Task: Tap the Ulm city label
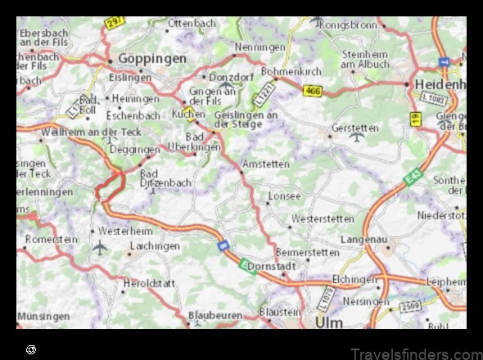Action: click(x=329, y=322)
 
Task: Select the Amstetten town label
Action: click(x=267, y=164)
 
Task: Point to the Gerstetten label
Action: click(x=355, y=128)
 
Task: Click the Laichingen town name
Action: click(x=154, y=245)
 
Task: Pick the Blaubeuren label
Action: click(x=215, y=314)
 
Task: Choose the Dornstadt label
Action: click(x=271, y=266)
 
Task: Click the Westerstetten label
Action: click(x=323, y=218)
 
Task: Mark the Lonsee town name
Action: click(x=285, y=196)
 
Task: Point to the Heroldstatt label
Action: click(x=149, y=283)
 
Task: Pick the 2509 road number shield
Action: click(x=409, y=307)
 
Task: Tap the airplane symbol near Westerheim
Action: click(x=100, y=246)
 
